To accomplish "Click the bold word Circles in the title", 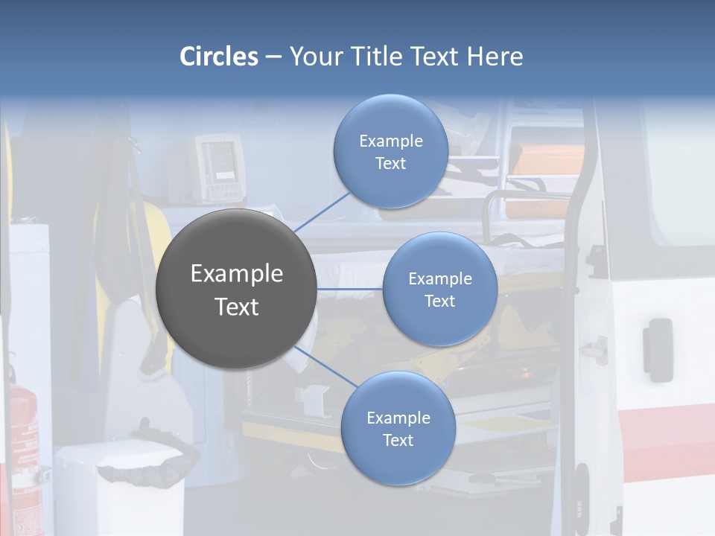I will tap(218, 57).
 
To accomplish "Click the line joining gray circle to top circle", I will tap(322, 211).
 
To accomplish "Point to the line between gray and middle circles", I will tap(349, 289).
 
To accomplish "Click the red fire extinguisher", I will tap(22, 439).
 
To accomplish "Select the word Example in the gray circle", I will tap(236, 274).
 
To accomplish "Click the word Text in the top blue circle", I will tap(390, 164).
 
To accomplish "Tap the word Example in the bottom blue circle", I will tap(398, 418).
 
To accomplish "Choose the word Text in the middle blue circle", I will tap(439, 301).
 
